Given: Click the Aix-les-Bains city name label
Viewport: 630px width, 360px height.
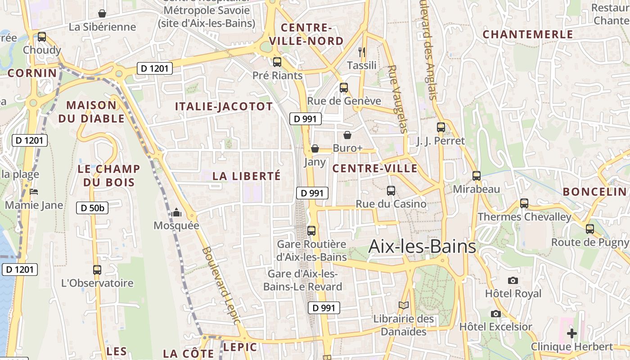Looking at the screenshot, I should (x=422, y=247).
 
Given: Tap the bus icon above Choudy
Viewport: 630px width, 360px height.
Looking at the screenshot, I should (x=42, y=37).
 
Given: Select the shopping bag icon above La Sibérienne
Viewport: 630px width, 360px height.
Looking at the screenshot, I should (x=102, y=13).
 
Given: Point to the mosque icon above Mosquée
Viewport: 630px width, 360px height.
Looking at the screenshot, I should (x=176, y=212).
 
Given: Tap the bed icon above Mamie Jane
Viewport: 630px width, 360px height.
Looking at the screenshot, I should (x=34, y=192).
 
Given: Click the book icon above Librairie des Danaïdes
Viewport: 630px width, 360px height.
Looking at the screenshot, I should (x=404, y=306).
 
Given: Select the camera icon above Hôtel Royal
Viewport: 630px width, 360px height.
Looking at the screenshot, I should (x=513, y=280).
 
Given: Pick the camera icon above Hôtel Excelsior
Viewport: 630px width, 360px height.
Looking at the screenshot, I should (x=495, y=314).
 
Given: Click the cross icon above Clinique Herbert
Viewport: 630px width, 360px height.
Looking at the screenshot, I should (x=571, y=333).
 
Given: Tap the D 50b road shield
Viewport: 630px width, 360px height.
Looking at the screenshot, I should (x=93, y=208).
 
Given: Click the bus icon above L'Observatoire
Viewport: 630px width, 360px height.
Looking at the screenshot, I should (x=97, y=270).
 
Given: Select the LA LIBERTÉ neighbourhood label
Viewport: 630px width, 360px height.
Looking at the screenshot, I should (x=246, y=176).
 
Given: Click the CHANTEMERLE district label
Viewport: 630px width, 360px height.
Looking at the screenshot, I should (x=528, y=34).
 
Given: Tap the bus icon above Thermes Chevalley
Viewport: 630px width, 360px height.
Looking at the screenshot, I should (x=524, y=203).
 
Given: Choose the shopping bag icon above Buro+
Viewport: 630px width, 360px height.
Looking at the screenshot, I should (x=347, y=135).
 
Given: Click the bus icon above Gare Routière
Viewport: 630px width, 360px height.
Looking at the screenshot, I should (x=311, y=231).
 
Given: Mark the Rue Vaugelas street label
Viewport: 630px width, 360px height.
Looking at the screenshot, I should (x=397, y=99).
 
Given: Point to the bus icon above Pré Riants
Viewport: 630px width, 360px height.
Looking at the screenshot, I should (x=277, y=62).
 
